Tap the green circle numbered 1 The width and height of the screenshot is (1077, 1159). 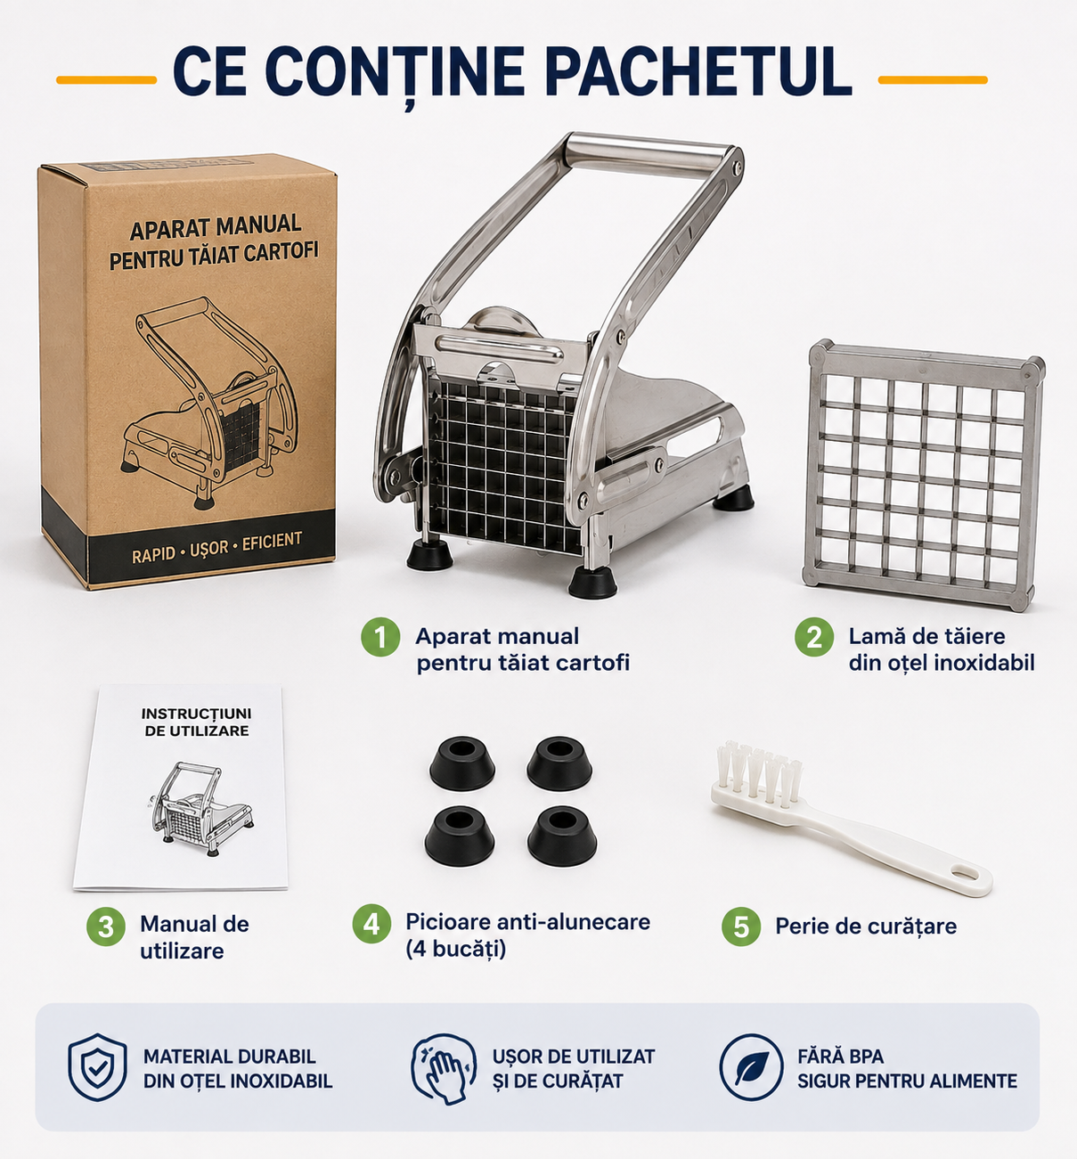click(x=380, y=637)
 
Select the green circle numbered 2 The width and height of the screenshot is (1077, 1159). click(x=813, y=637)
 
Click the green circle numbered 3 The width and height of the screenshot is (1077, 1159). click(x=106, y=926)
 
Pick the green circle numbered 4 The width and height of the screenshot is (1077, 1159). click(x=371, y=924)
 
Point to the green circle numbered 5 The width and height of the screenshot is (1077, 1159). click(x=741, y=926)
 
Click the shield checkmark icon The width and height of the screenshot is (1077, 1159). click(x=97, y=1067)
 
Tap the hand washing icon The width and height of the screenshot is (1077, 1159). click(x=445, y=1068)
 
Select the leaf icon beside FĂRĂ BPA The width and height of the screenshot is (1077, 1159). click(x=751, y=1067)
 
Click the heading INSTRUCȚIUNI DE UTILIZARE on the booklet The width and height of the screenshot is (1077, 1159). click(x=197, y=722)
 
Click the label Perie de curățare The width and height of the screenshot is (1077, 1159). click(x=866, y=926)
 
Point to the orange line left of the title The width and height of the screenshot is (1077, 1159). click(x=106, y=80)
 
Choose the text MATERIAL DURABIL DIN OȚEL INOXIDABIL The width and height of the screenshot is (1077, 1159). click(x=238, y=1068)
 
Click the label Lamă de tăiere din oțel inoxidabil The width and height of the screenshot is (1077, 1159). click(x=941, y=649)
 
